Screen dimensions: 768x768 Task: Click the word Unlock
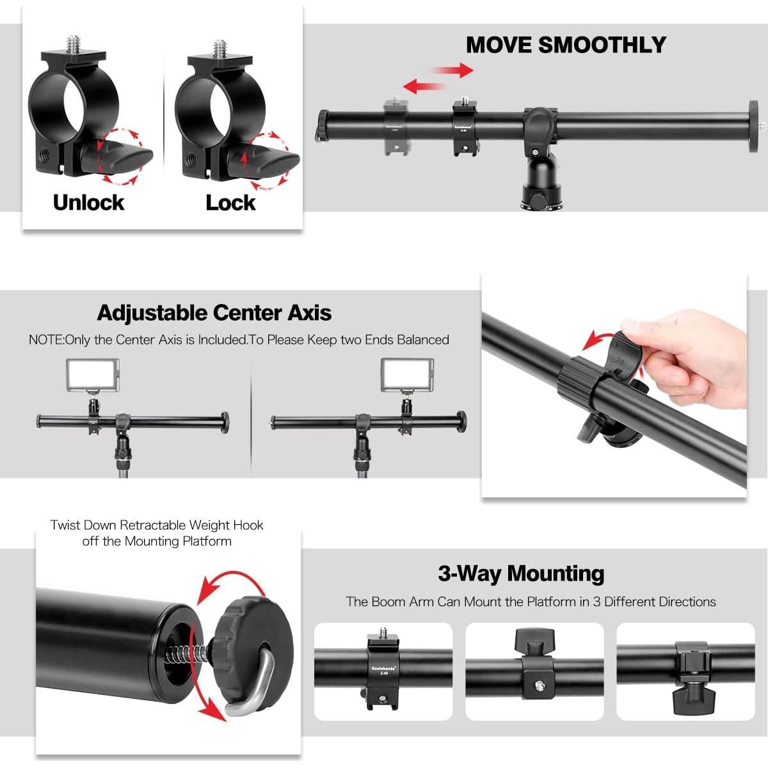click(x=88, y=202)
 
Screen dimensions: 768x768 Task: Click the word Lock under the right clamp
click(x=230, y=202)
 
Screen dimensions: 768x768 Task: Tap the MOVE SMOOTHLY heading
click(x=566, y=45)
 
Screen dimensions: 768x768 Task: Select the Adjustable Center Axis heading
click(x=214, y=312)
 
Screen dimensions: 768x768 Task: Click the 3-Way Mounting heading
click(x=521, y=573)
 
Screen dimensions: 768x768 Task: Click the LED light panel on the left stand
click(x=93, y=374)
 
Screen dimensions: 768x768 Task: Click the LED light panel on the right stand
click(x=408, y=374)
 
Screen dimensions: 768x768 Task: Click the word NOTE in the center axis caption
click(x=46, y=340)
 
